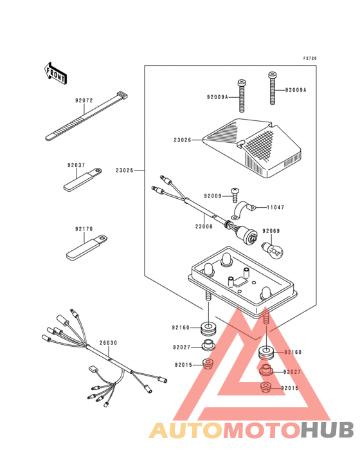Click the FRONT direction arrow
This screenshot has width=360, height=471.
tap(55, 73)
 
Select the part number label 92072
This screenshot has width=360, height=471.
tap(84, 100)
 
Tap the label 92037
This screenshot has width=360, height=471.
tap(76, 165)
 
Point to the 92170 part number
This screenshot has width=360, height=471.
tap(84, 229)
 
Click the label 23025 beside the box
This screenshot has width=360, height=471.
tap(125, 171)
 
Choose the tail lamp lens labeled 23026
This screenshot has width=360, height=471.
tap(252, 148)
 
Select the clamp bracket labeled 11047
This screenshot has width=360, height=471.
tap(243, 210)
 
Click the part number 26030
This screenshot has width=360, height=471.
tap(108, 343)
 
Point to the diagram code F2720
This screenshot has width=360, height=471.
tap(310, 59)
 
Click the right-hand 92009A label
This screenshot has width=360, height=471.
tap(296, 90)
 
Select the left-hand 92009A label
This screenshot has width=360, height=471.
tap(217, 97)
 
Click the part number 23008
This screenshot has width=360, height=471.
tap(204, 226)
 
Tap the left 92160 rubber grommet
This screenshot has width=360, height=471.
tap(208, 328)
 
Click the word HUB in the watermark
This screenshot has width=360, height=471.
tap(327, 430)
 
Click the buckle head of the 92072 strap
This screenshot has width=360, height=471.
tap(122, 95)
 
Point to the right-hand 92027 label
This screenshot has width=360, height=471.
tap(292, 372)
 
